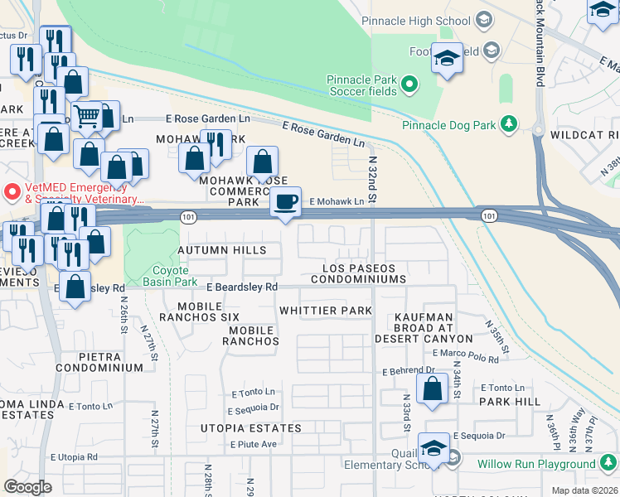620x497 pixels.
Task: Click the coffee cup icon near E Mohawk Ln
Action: (x=287, y=202)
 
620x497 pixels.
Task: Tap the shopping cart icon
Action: (x=85, y=115)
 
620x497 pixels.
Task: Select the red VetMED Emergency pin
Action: (x=12, y=191)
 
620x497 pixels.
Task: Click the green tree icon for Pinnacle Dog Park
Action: (x=507, y=125)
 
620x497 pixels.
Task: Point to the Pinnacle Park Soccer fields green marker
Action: (x=409, y=84)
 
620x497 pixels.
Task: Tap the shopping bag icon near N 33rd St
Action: (x=433, y=388)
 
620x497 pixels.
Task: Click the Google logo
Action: (x=27, y=486)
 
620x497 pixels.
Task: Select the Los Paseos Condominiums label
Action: (x=359, y=274)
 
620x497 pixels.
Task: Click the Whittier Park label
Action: (x=325, y=311)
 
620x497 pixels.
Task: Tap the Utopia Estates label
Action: (x=251, y=428)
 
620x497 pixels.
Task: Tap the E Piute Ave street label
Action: (x=254, y=444)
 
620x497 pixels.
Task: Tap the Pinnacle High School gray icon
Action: (x=485, y=20)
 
